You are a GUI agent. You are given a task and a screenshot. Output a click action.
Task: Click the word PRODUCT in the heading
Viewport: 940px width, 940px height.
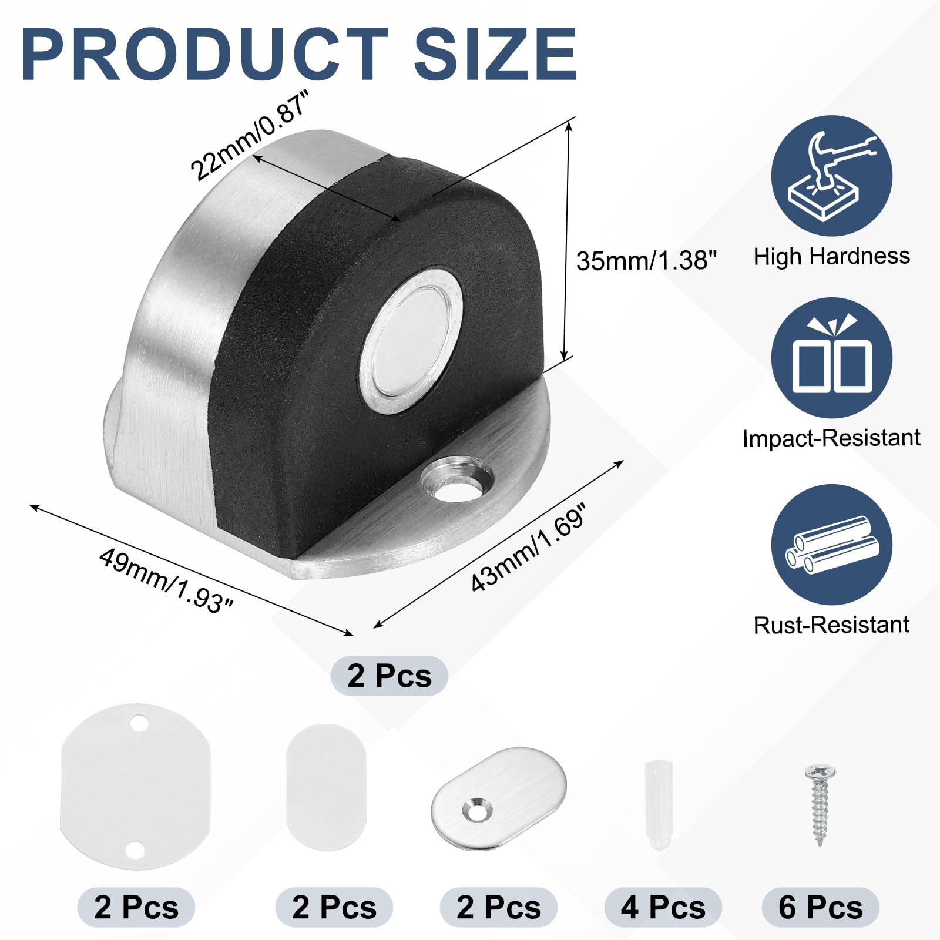pyautogui.click(x=206, y=54)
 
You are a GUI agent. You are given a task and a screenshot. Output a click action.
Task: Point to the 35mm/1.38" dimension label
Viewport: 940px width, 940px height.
pyautogui.click(x=646, y=260)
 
